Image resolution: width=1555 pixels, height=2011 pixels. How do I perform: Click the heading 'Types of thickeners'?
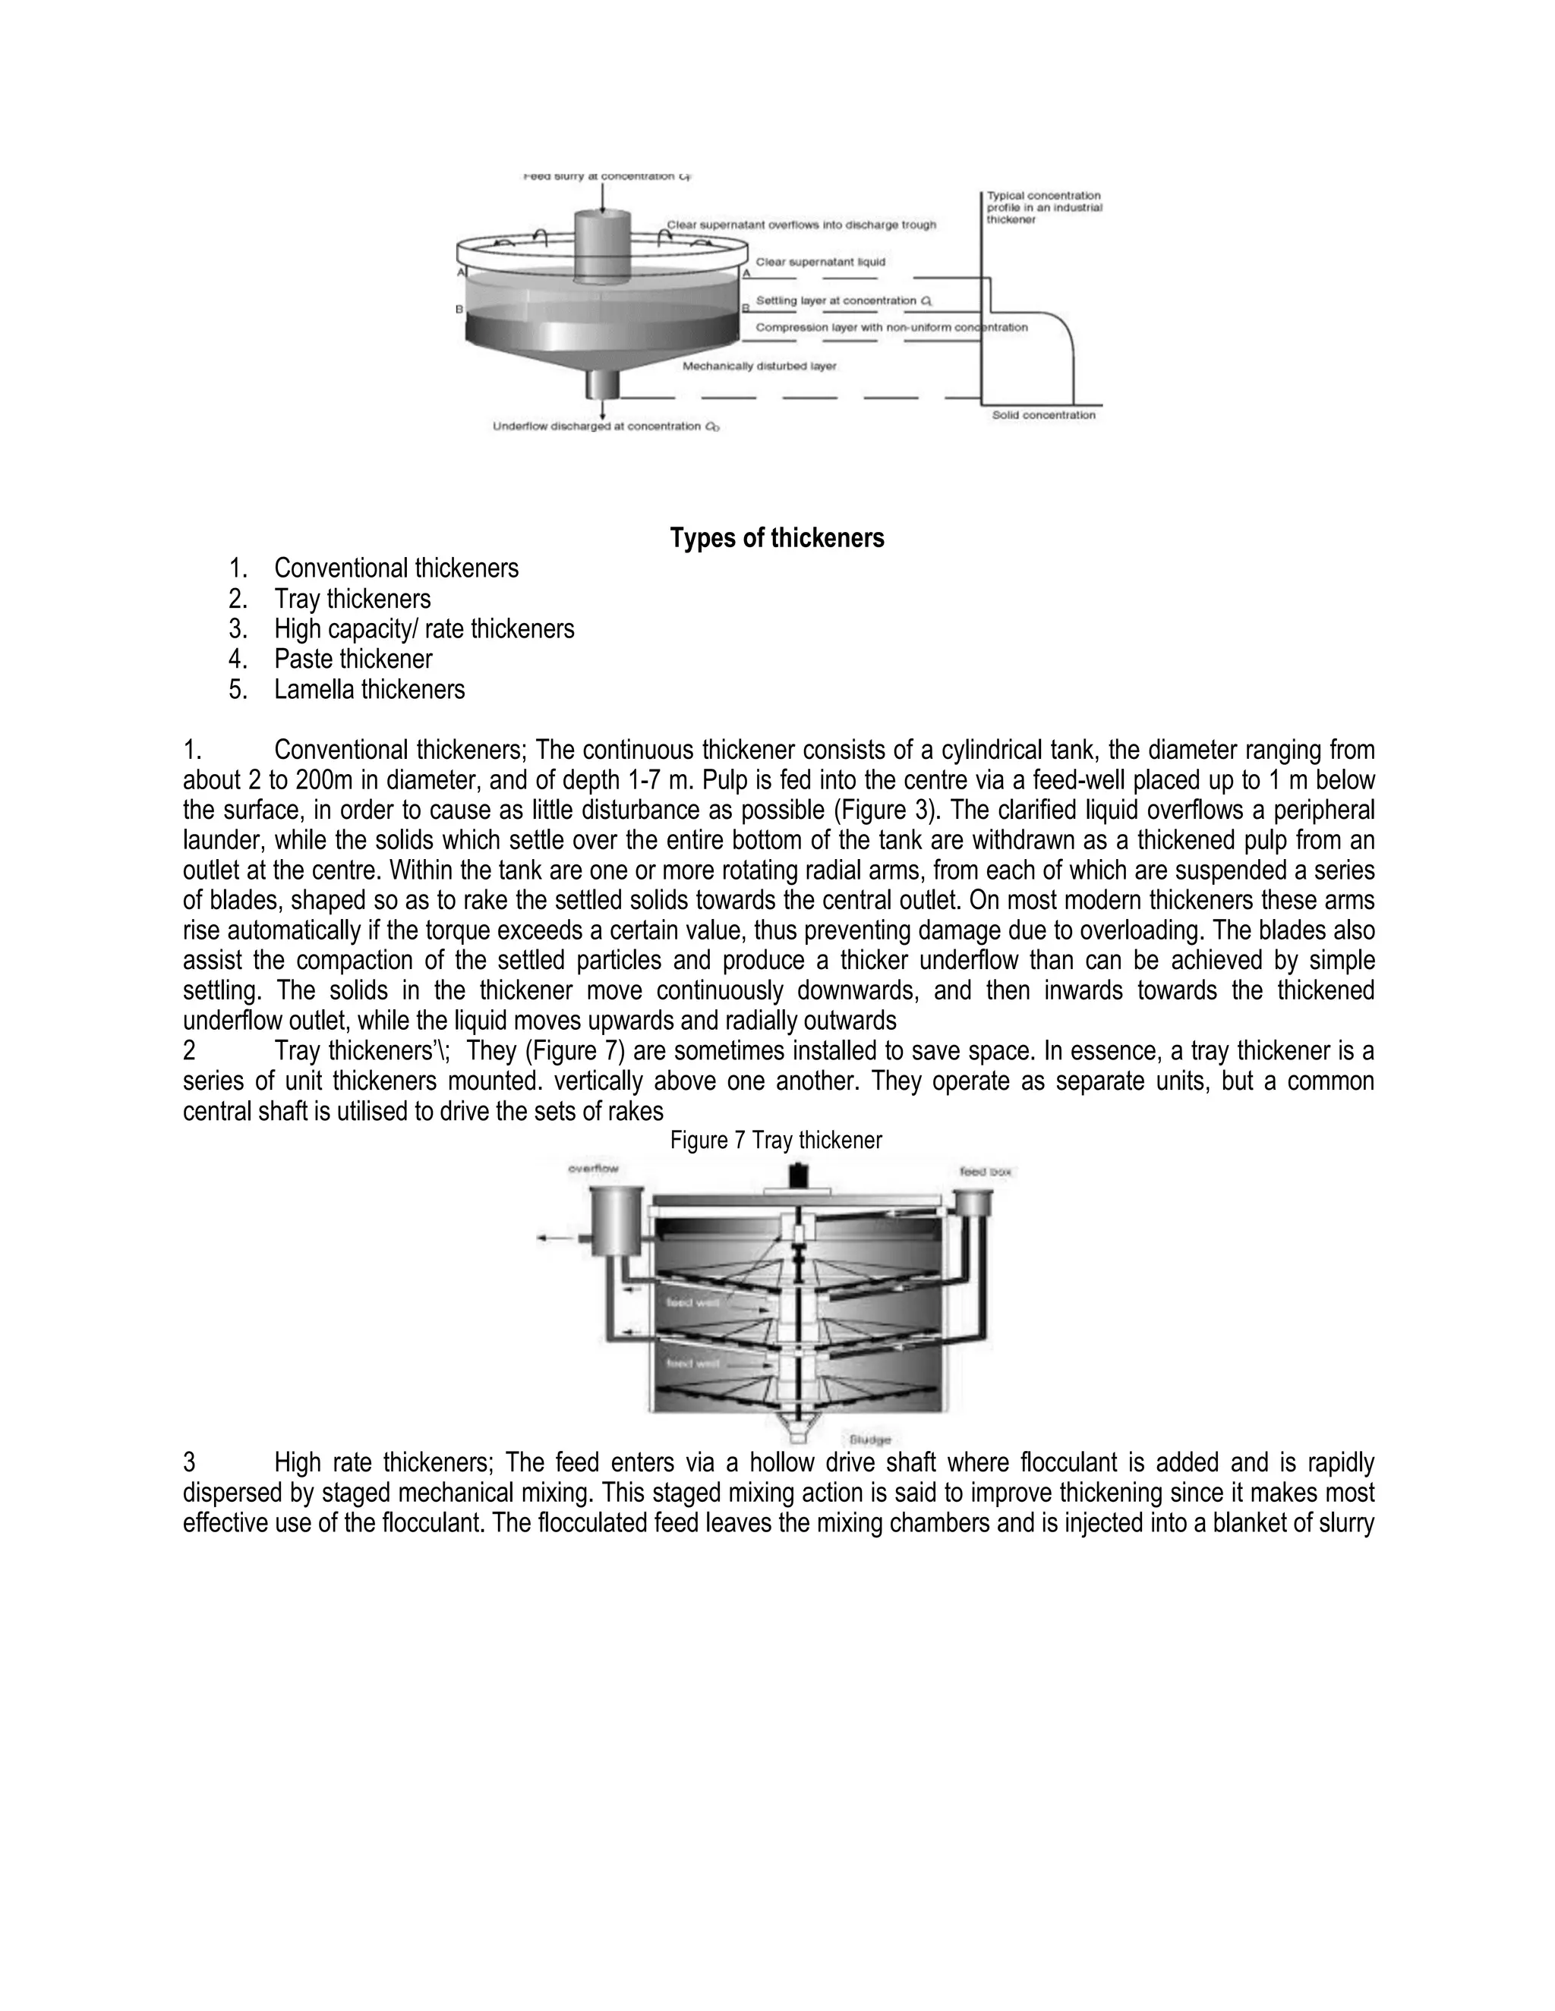[x=777, y=538]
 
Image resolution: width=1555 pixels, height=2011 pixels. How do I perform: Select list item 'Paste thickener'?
[x=353, y=659]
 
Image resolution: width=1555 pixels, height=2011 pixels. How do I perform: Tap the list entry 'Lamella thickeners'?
[x=370, y=690]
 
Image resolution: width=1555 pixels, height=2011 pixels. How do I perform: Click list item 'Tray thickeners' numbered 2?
[x=352, y=600]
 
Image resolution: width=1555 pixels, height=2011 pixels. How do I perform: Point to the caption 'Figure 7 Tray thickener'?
[x=776, y=1140]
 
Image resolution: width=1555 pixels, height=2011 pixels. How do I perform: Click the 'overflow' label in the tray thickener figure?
[x=593, y=1169]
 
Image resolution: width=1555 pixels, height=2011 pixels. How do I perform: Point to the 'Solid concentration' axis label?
[x=1044, y=415]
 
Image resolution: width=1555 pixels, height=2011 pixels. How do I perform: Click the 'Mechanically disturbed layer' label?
[x=759, y=367]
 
